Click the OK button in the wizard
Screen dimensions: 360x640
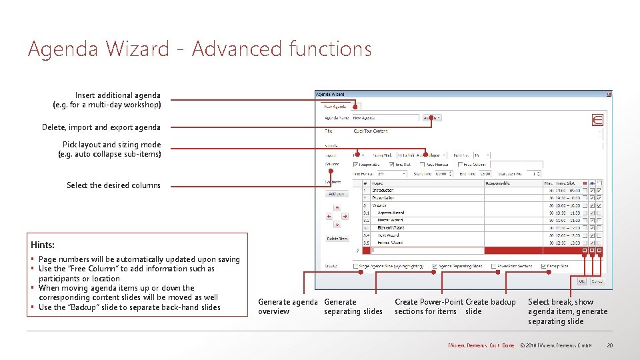581,281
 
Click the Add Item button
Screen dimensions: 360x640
337,194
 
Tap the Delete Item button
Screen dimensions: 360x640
337,239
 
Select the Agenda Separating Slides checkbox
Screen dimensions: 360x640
435,267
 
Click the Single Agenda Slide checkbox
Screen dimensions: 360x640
355,267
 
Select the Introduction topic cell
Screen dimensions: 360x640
383,191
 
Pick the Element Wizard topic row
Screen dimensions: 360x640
391,227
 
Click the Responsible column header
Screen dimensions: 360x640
499,183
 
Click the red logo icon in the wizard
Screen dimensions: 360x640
598,120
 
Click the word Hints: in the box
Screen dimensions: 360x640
43,245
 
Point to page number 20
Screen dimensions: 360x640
609,345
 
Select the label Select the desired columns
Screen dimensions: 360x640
113,185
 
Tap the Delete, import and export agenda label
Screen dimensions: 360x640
101,127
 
